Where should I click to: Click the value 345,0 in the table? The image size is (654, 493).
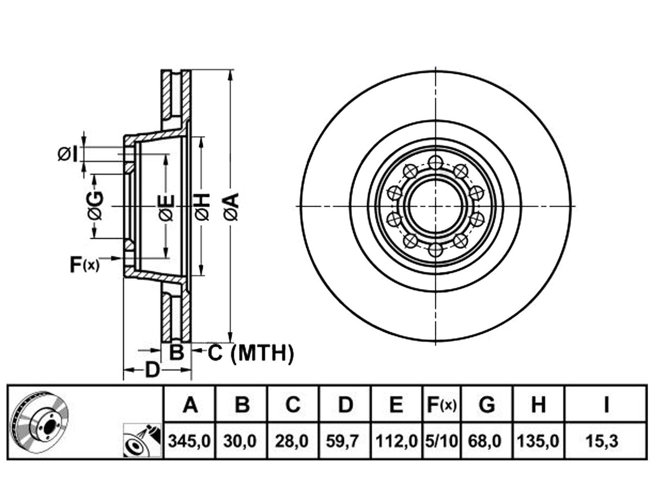190,441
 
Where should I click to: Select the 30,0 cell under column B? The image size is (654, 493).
240,441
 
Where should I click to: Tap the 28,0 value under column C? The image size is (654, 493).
292,441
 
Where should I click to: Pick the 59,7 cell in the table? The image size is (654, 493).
342,441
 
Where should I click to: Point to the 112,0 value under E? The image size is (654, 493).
396,441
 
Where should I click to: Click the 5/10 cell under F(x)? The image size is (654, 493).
441,441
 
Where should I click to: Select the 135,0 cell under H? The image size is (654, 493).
538,441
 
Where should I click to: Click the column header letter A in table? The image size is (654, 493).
190,405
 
